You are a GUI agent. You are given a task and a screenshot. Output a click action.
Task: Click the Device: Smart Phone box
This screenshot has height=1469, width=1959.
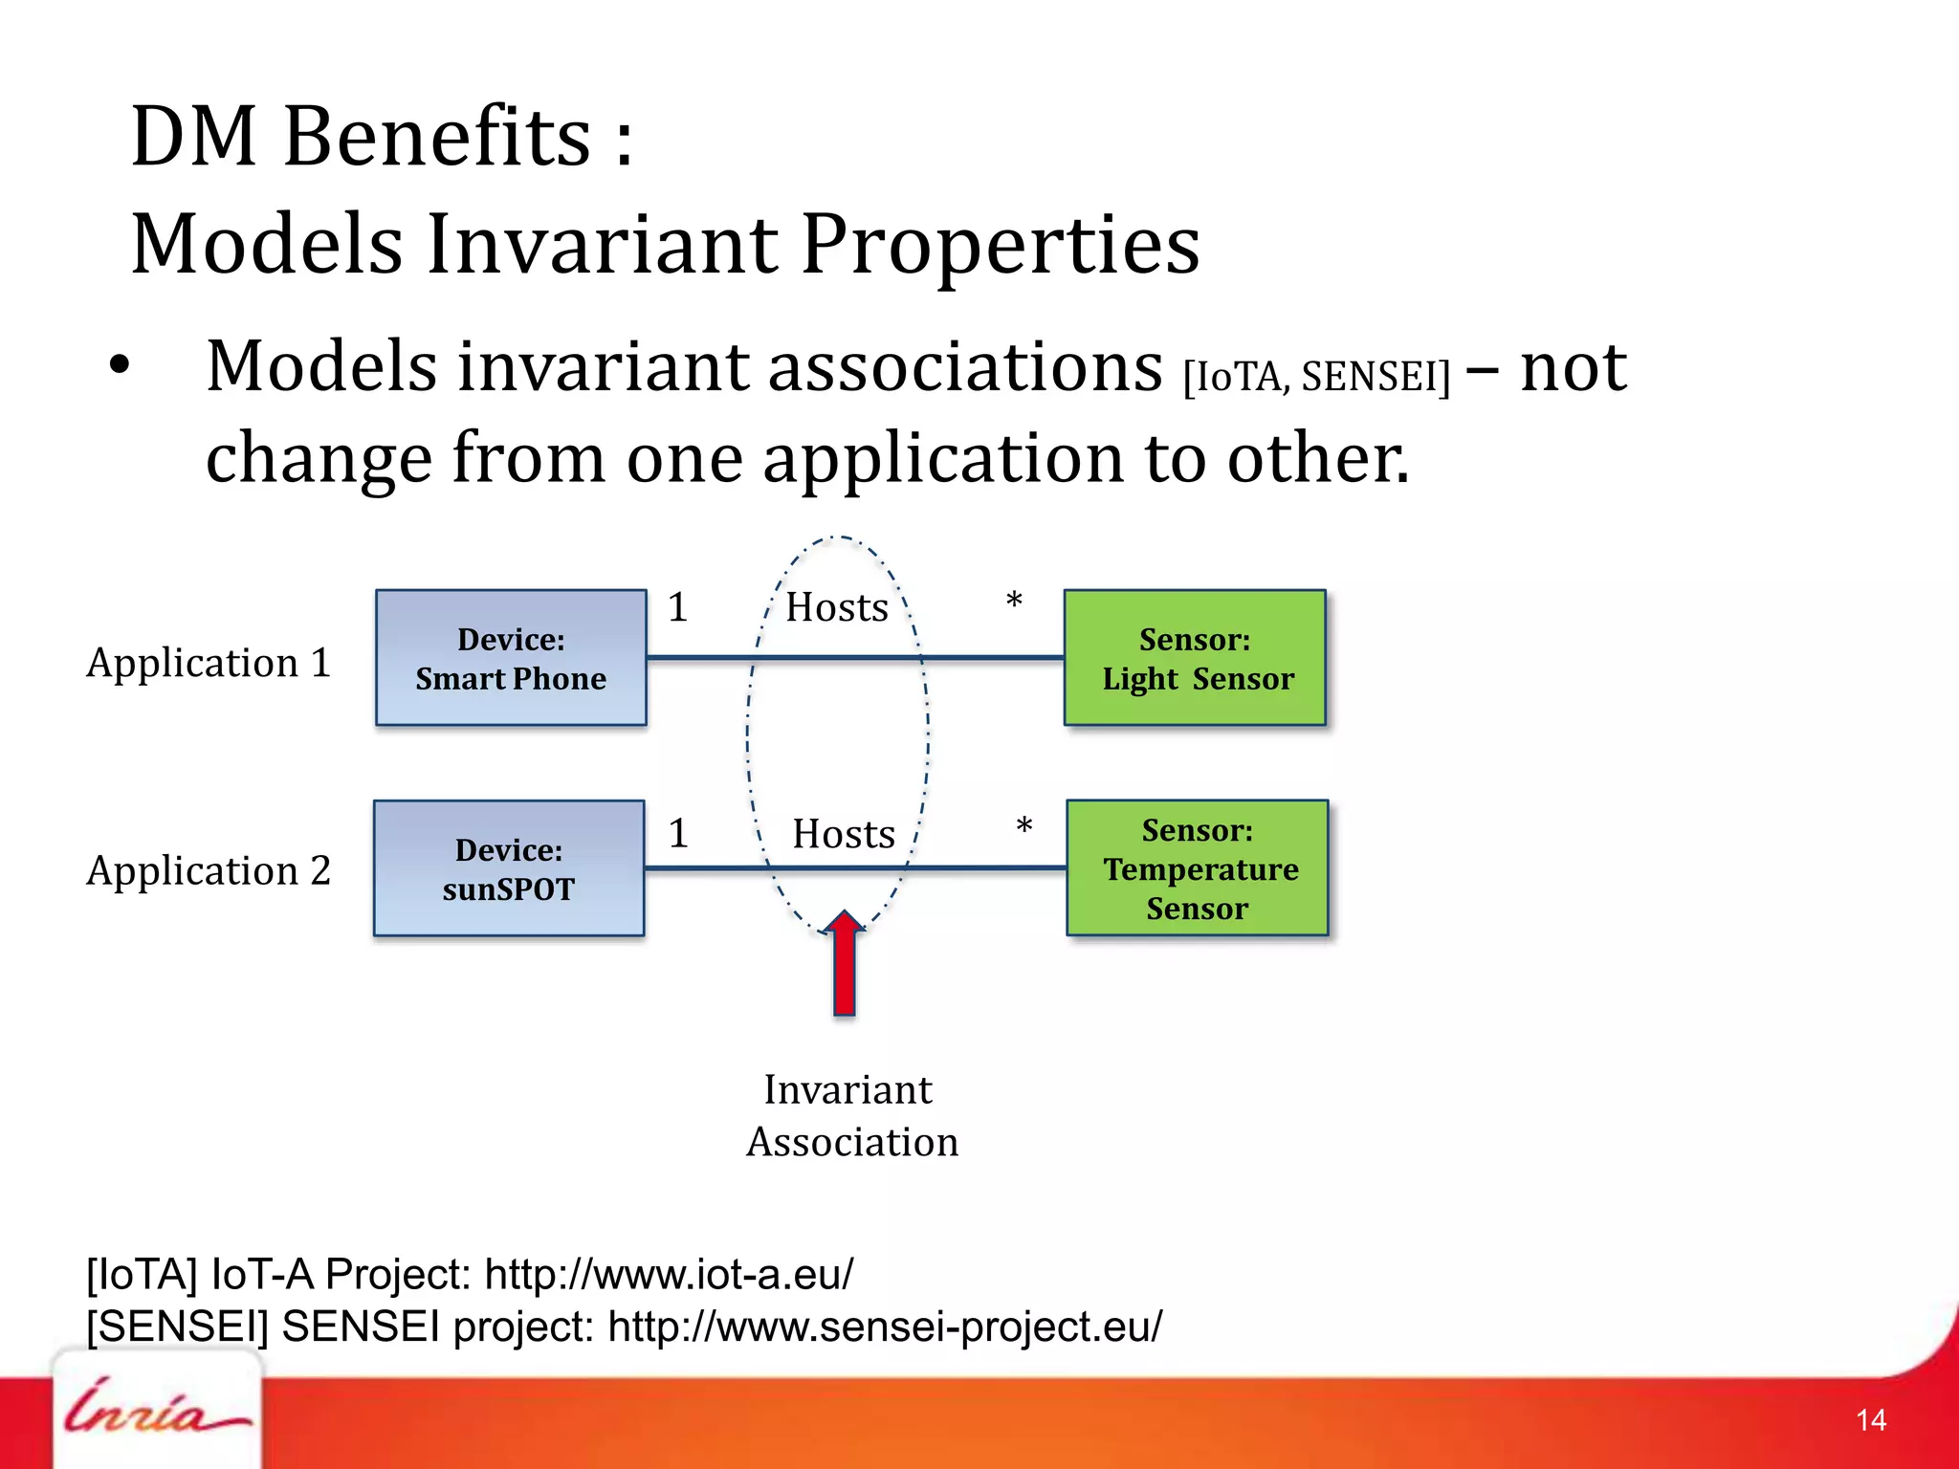(x=511, y=658)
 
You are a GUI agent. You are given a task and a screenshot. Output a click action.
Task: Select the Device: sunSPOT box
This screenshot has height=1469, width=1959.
(x=509, y=868)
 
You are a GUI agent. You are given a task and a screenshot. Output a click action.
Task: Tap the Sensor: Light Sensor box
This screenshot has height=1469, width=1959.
(x=1195, y=658)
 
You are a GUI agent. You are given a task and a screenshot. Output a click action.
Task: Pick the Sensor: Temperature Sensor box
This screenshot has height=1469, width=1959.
(x=1198, y=868)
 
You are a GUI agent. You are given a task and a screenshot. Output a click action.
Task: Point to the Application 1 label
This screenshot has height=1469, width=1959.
(x=209, y=663)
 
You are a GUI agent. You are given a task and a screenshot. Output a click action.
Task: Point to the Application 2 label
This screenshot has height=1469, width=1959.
(x=209, y=870)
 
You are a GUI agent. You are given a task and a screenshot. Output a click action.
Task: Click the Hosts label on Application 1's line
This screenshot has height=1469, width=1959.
(x=837, y=608)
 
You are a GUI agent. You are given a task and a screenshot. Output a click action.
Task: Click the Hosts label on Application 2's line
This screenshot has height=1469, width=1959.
(x=844, y=834)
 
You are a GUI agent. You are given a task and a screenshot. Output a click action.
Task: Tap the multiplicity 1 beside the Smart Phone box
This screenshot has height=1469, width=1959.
(x=677, y=607)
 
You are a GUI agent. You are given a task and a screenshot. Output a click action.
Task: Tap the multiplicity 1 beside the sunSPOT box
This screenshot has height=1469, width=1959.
(x=678, y=833)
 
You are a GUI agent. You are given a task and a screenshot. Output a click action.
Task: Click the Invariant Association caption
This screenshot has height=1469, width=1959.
(x=851, y=1115)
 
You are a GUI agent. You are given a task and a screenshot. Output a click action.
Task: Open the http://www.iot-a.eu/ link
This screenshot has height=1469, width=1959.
(x=669, y=1274)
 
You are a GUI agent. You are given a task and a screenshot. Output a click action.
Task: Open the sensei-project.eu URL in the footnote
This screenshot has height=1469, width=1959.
(x=885, y=1326)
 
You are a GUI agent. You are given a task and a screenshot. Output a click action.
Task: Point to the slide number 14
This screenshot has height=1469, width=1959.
(x=1871, y=1419)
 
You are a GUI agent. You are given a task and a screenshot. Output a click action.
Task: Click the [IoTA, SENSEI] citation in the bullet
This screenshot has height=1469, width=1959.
(x=1316, y=377)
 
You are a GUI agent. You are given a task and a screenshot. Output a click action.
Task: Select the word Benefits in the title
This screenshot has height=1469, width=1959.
(x=437, y=137)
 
